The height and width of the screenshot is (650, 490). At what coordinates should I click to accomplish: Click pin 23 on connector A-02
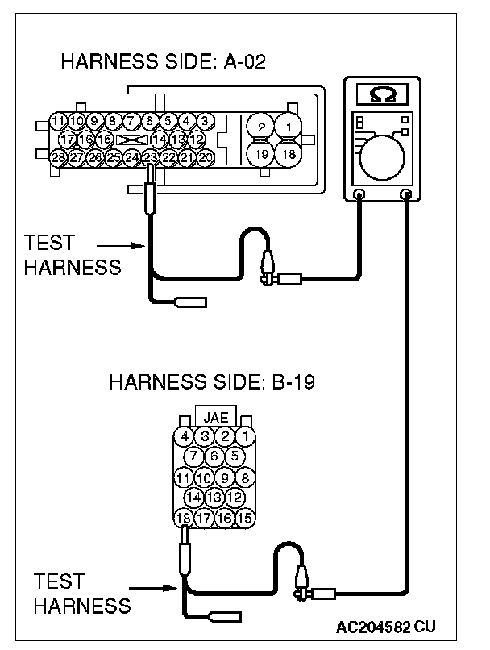pyautogui.click(x=150, y=157)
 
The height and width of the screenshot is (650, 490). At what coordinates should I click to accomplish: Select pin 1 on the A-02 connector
pyautogui.click(x=288, y=127)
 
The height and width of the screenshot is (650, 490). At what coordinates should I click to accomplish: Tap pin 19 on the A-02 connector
pyautogui.click(x=260, y=153)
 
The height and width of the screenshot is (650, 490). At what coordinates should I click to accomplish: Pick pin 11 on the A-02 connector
pyautogui.click(x=57, y=121)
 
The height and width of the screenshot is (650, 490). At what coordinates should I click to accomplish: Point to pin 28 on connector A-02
pyautogui.click(x=57, y=157)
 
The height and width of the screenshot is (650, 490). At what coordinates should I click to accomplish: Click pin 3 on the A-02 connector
pyautogui.click(x=206, y=121)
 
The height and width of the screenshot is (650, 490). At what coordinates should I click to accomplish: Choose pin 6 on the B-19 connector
pyautogui.click(x=215, y=456)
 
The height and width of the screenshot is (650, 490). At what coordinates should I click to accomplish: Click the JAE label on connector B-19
pyautogui.click(x=215, y=418)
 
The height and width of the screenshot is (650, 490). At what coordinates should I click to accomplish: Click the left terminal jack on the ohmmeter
pyautogui.click(x=359, y=194)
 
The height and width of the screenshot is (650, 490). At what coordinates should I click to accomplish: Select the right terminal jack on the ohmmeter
pyautogui.click(x=405, y=194)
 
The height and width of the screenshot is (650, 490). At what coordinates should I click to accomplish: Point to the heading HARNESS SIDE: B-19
pyautogui.click(x=211, y=381)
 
